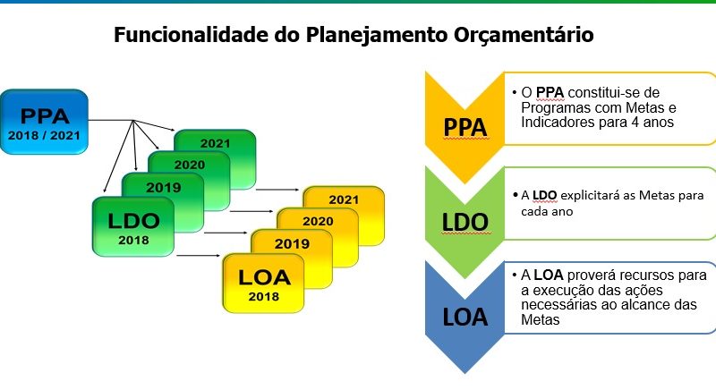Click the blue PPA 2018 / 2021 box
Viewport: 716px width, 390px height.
(x=44, y=122)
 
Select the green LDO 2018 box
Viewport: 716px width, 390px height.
(x=133, y=226)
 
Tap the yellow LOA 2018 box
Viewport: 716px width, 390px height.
(x=263, y=284)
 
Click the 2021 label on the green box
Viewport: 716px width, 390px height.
(x=215, y=143)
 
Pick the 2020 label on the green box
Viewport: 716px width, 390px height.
(x=190, y=165)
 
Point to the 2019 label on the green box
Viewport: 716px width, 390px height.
(x=164, y=187)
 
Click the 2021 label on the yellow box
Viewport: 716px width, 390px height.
(x=344, y=199)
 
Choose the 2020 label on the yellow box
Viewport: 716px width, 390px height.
(x=318, y=221)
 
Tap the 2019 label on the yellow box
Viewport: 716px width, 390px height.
(x=292, y=243)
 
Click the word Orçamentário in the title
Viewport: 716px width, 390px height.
(x=524, y=35)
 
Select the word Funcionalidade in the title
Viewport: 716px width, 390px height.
(x=192, y=35)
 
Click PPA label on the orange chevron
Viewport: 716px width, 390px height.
(x=465, y=127)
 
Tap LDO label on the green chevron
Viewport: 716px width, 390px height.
(x=465, y=223)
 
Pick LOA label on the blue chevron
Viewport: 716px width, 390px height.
(x=465, y=318)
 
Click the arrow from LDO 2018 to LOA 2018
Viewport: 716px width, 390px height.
(x=198, y=256)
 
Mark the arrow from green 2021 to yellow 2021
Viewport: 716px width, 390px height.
(x=277, y=190)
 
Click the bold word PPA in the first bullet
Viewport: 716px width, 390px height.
(x=550, y=93)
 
